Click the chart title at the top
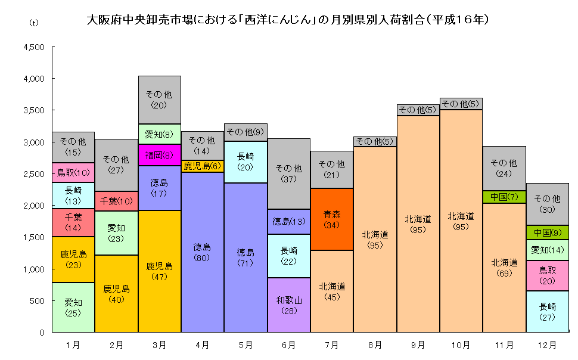(288, 20)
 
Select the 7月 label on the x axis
(332, 345)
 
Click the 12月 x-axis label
(547, 345)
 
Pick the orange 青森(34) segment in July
(332, 219)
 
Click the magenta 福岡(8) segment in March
(159, 155)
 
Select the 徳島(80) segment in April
(203, 252)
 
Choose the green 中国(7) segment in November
(504, 197)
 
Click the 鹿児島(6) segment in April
(203, 166)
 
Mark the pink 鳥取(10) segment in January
(73, 173)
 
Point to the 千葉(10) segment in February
(116, 201)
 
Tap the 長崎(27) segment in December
(547, 311)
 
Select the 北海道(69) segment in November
(504, 268)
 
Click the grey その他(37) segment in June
(289, 173)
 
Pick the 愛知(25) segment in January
(73, 307)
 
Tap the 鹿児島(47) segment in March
(159, 271)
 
